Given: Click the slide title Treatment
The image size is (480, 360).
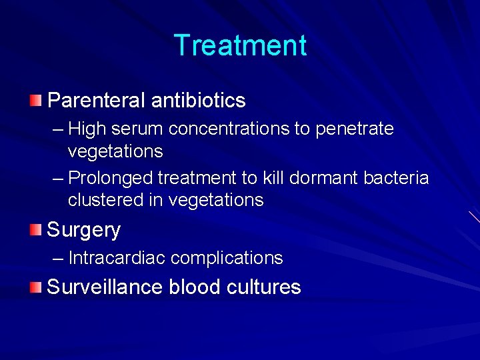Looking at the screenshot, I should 240,46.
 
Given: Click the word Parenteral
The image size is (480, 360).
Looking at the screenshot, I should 96,101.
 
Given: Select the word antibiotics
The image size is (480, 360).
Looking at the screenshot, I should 199,101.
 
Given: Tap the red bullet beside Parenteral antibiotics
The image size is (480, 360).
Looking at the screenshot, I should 35,101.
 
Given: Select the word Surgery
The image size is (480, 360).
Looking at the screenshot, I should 84,231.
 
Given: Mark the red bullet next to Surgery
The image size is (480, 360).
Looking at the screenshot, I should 35,230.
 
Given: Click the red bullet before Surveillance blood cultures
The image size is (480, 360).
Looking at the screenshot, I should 35,287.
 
